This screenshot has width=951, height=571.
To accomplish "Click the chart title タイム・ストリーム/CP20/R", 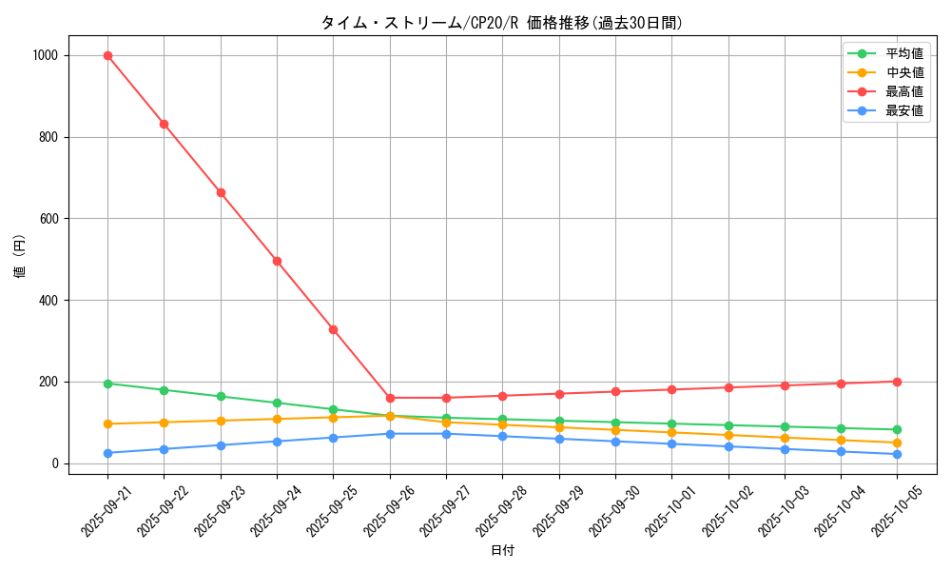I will coord(501,23).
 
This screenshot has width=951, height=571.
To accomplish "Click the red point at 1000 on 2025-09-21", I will coord(107,55).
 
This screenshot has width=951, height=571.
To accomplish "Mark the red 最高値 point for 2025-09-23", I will coord(221,192).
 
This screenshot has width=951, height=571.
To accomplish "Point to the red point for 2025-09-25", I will coord(333,329).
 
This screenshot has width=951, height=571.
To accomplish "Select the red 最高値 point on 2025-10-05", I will coord(898,382).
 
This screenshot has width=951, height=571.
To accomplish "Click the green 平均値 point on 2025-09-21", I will coord(107,384).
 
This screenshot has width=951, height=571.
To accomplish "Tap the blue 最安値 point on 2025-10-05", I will coord(898,454).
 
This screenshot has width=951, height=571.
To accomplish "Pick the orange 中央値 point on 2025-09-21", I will coord(107,423).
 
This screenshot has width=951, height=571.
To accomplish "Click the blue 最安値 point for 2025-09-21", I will coord(107,453).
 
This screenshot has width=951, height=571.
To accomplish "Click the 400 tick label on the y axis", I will coord(49,301).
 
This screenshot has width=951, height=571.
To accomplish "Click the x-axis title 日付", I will coord(502,551).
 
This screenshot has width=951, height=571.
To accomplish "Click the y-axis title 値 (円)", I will coord(20,258).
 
